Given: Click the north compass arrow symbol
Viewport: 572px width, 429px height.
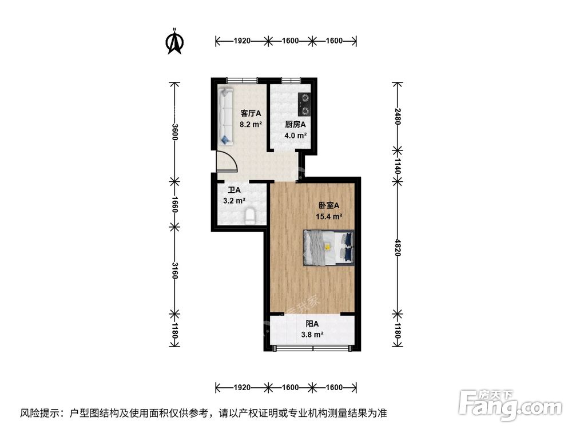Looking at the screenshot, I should (x=174, y=42).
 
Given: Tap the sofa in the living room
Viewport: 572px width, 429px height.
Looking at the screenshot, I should (x=225, y=116).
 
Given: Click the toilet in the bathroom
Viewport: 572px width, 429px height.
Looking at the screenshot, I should (x=250, y=216).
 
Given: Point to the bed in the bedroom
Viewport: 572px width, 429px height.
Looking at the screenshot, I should (x=328, y=247).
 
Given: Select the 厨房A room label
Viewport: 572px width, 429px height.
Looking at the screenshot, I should (x=296, y=125).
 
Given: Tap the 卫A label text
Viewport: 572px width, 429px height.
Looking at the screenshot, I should (x=234, y=190).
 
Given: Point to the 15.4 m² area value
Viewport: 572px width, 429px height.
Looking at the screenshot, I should (x=329, y=217).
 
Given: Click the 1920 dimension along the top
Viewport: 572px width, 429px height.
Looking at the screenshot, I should (x=243, y=41).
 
